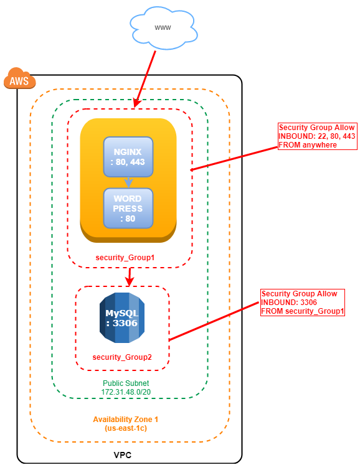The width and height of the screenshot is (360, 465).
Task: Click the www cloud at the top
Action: point(163,28)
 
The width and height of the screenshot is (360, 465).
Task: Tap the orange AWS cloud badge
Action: point(19,80)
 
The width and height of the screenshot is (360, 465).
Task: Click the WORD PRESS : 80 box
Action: point(128,208)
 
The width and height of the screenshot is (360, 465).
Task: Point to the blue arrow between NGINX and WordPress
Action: point(128,182)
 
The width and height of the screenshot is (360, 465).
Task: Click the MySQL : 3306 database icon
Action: point(122,317)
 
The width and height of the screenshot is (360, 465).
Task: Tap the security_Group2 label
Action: point(122,357)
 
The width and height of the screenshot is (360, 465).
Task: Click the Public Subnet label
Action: point(126,383)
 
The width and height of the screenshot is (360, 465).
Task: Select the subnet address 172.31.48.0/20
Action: point(126,392)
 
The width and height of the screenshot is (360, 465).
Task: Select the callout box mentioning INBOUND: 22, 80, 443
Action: point(316,136)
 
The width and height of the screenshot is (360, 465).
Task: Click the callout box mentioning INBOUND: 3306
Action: point(302,303)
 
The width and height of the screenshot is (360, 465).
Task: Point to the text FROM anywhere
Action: point(308,145)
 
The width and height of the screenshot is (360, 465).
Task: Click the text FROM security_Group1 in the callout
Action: point(302,311)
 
